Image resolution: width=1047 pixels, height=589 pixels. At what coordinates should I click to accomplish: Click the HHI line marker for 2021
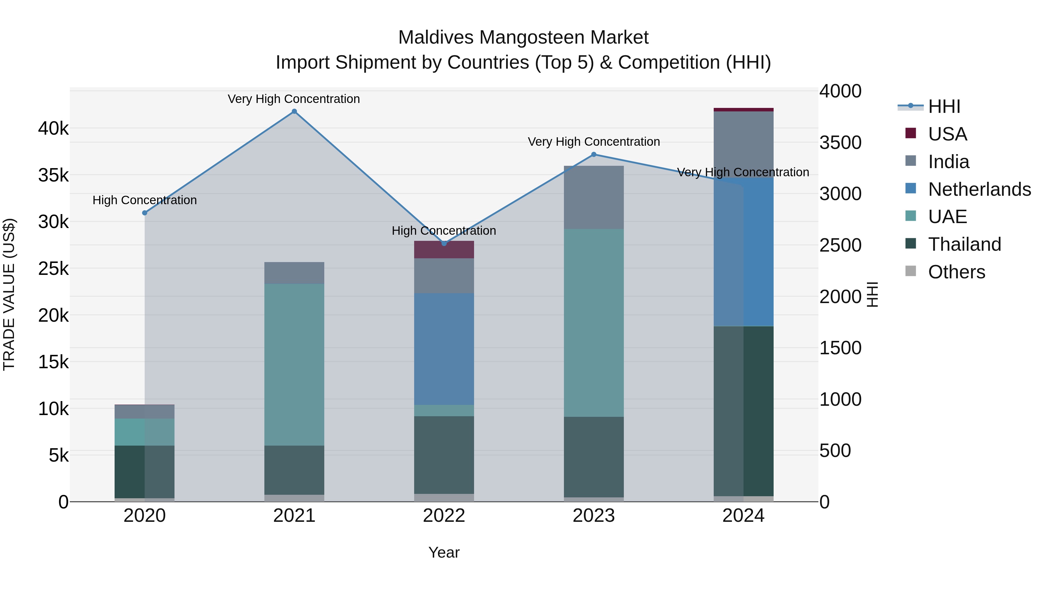tap(294, 111)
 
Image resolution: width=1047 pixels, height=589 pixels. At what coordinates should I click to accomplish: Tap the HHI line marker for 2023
tap(593, 154)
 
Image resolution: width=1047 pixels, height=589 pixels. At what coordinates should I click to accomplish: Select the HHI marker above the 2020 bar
tap(145, 213)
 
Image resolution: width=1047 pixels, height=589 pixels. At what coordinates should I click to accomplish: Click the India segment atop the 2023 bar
tap(593, 197)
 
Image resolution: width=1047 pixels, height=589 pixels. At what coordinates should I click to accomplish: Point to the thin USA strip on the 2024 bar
tap(743, 110)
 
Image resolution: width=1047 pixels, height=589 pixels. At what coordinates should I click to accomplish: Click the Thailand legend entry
tap(964, 244)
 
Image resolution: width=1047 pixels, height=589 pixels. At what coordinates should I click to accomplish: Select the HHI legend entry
tap(944, 106)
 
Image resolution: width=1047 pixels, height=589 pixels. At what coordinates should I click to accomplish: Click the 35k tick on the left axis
tap(53, 176)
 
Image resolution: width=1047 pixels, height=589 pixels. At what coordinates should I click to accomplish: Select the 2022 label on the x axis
tap(444, 516)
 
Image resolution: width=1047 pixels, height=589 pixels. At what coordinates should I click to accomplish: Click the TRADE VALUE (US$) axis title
tap(9, 294)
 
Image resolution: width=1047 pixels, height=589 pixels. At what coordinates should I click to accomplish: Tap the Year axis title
tap(444, 552)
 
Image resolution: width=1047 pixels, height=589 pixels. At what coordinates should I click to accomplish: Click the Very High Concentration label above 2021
tap(293, 99)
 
